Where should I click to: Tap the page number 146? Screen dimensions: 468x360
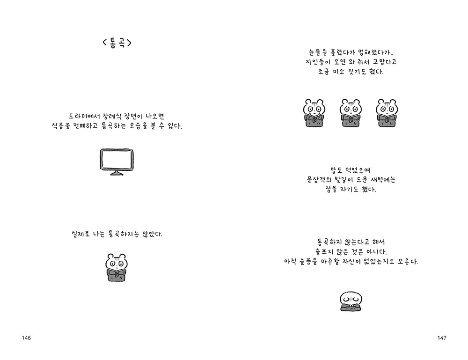point(26,338)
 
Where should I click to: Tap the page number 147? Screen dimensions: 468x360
point(442,338)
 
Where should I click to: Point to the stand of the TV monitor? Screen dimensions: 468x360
point(117,173)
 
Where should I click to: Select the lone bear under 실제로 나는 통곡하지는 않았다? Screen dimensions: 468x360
point(117,267)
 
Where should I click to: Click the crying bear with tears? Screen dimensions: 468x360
point(314,113)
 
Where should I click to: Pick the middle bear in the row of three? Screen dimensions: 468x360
point(351,113)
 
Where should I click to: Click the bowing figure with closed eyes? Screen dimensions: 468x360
point(351,301)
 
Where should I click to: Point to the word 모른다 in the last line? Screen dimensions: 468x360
point(409,262)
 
